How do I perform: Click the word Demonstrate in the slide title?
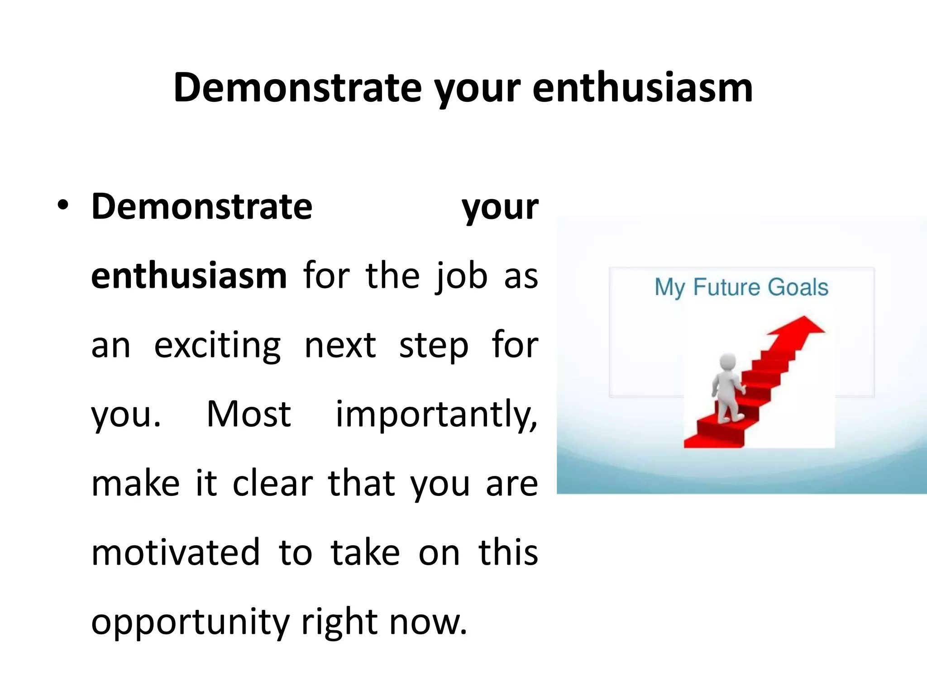point(297,87)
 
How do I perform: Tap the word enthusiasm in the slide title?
point(642,87)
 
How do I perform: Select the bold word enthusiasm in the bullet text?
point(189,276)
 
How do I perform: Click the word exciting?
point(217,346)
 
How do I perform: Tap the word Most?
point(248,414)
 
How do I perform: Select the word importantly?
point(436,415)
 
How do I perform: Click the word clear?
point(272,483)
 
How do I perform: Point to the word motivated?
point(176,552)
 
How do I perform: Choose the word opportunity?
point(190,623)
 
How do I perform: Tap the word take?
point(365,552)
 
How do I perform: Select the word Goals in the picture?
point(798,287)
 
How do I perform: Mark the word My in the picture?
point(669,288)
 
